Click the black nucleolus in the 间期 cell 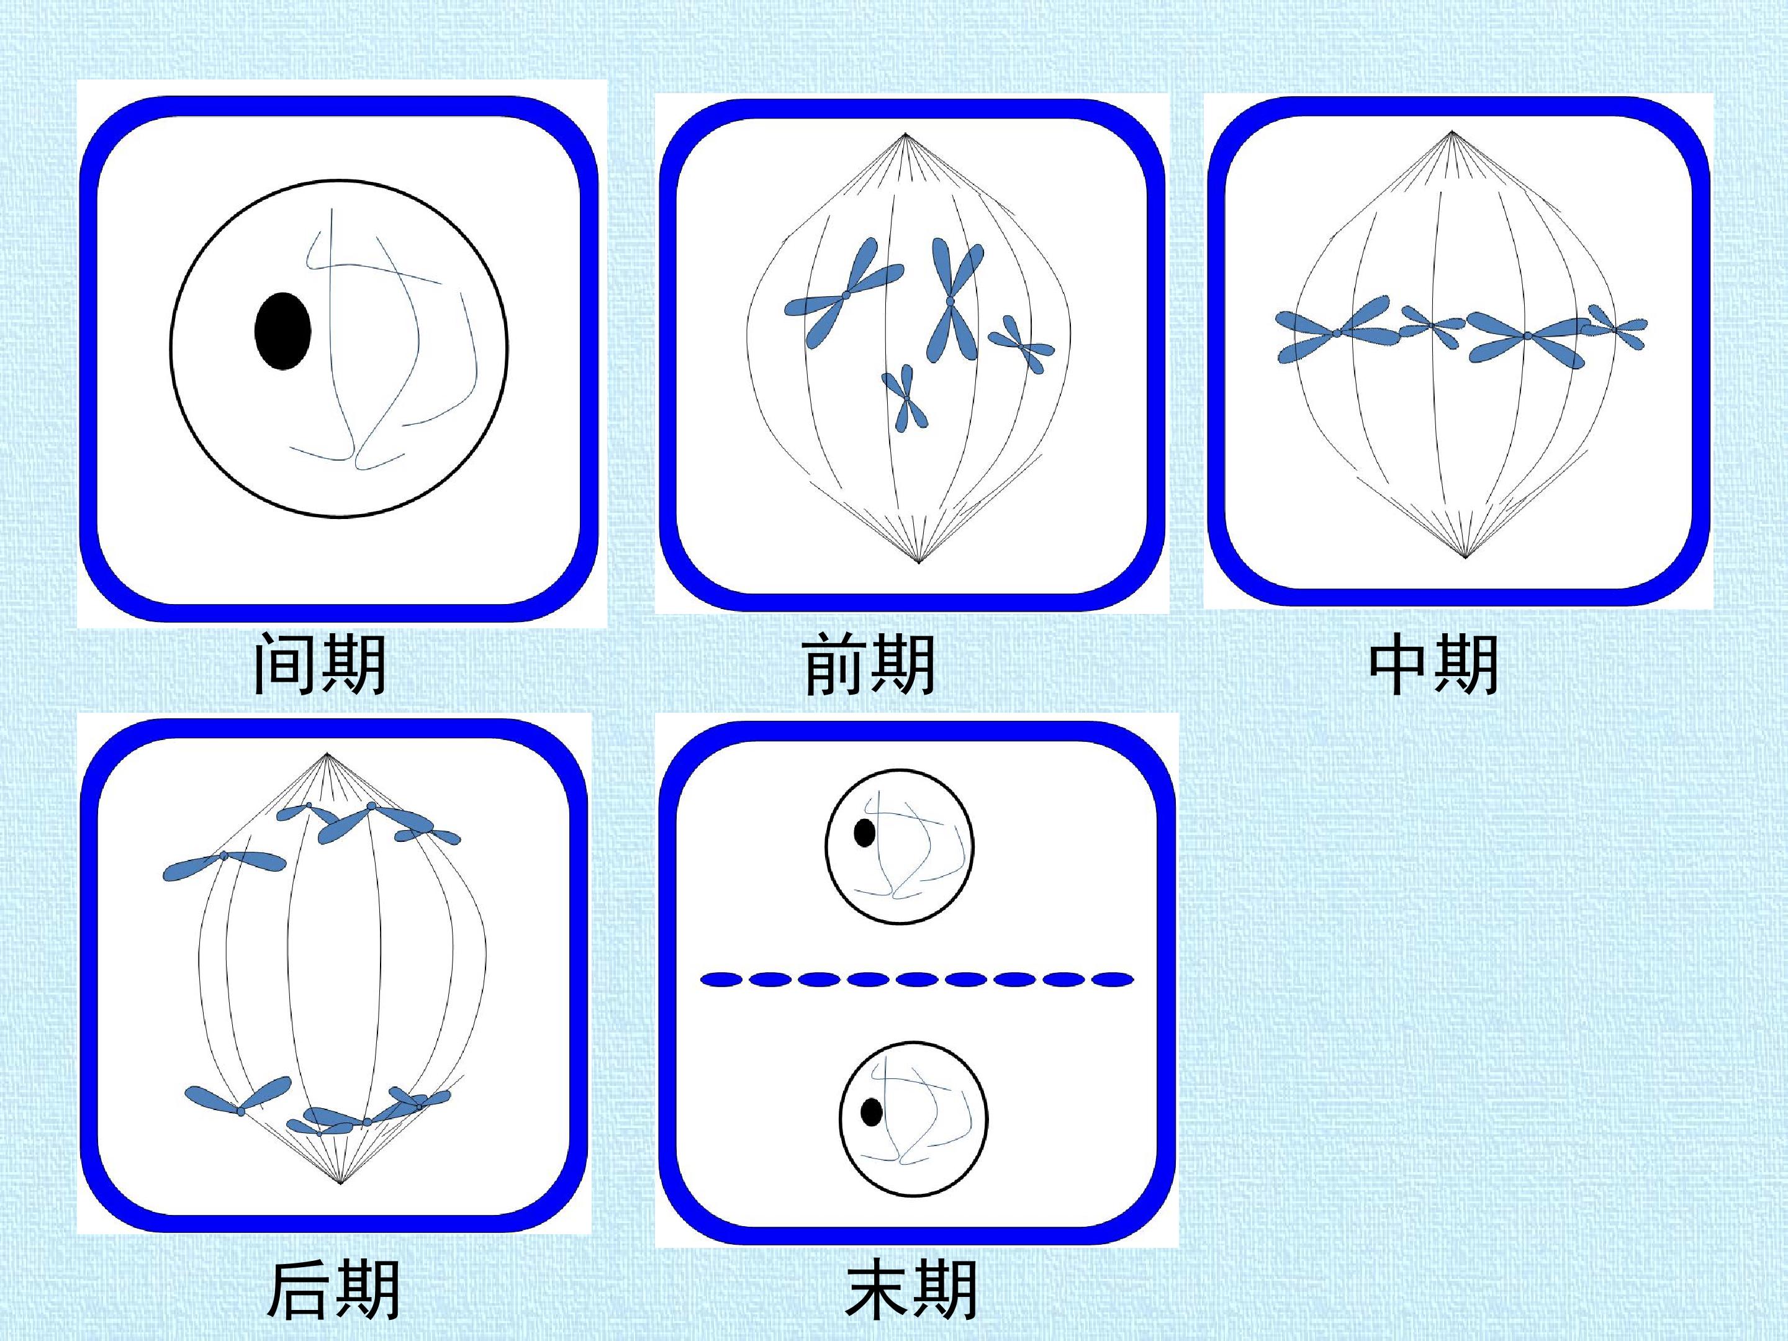(x=282, y=332)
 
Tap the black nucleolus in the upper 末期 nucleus (x=864, y=833)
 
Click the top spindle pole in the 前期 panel (x=905, y=133)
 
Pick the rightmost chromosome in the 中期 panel (x=1615, y=328)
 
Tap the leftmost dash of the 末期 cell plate (x=721, y=980)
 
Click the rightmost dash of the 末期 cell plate (x=1113, y=980)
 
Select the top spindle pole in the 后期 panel (x=327, y=755)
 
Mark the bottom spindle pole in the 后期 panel (x=341, y=1184)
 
